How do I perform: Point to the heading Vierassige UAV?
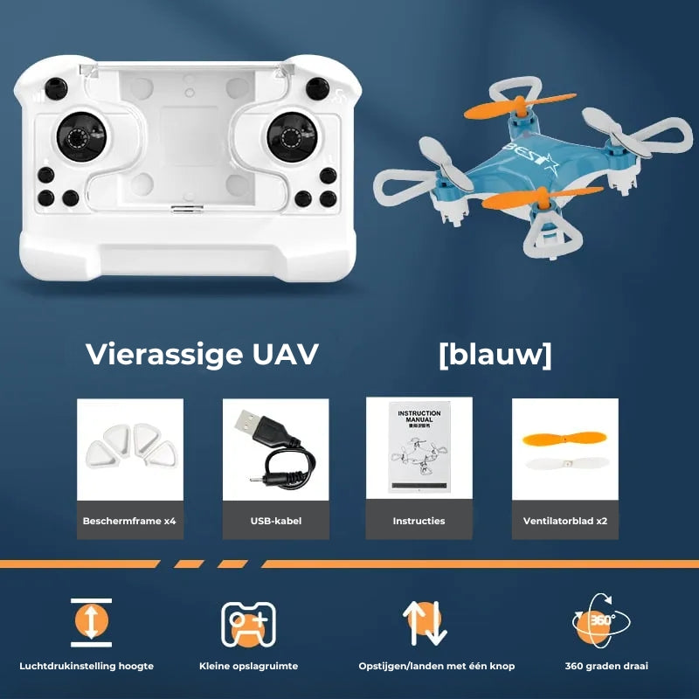coord(202,355)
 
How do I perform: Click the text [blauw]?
coord(495,355)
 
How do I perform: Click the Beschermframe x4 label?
coord(129,521)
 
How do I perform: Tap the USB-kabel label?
coord(275,521)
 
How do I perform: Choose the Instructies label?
coord(419,521)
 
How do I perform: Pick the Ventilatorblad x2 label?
coord(564,521)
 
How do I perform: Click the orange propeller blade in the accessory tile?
coord(564,439)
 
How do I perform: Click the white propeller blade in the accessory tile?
coord(564,463)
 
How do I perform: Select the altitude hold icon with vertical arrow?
coord(92,621)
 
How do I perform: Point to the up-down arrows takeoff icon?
coord(426,623)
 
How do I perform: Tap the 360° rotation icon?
coord(601,621)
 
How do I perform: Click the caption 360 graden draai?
coord(606,666)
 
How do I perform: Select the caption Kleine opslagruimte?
coord(248,666)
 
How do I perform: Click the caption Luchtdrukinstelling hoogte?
coord(92,666)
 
